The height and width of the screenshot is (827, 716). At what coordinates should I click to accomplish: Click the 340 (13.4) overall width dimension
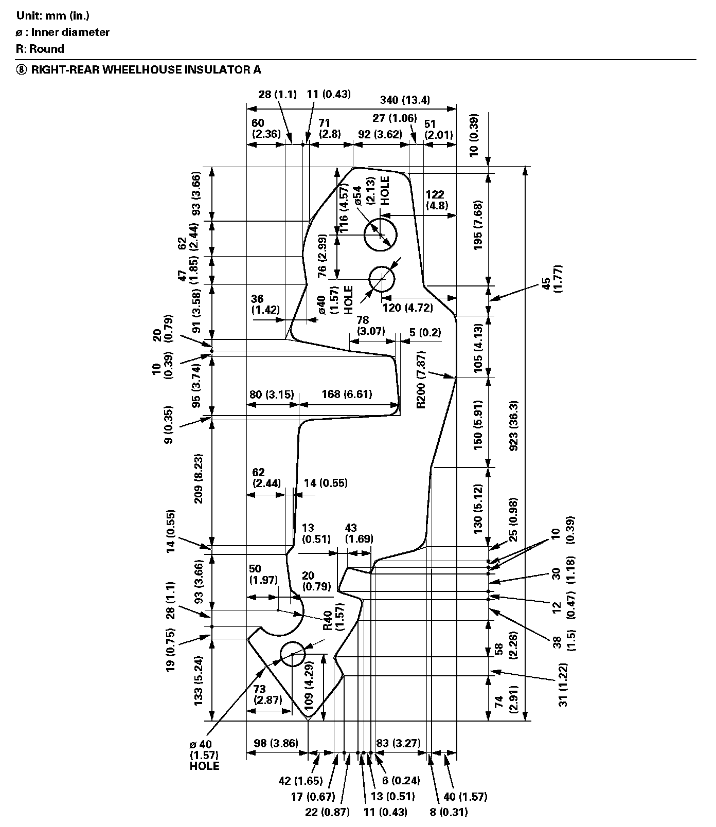(404, 100)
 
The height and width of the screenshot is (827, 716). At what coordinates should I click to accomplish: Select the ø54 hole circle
(381, 235)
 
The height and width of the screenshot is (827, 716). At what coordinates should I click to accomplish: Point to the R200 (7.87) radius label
(422, 380)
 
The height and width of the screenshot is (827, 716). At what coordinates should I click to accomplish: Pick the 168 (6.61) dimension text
(347, 394)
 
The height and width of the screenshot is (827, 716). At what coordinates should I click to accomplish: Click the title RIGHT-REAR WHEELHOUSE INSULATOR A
(146, 69)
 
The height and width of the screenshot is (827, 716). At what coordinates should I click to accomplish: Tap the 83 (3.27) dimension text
(398, 743)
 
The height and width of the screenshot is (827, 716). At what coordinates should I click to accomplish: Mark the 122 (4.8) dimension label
(437, 200)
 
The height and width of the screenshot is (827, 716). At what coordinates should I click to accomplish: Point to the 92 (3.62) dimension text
(380, 135)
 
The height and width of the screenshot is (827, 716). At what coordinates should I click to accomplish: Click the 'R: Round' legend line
(40, 49)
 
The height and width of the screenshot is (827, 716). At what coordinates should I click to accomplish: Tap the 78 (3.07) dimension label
(371, 326)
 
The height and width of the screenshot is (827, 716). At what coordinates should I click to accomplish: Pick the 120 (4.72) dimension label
(407, 308)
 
